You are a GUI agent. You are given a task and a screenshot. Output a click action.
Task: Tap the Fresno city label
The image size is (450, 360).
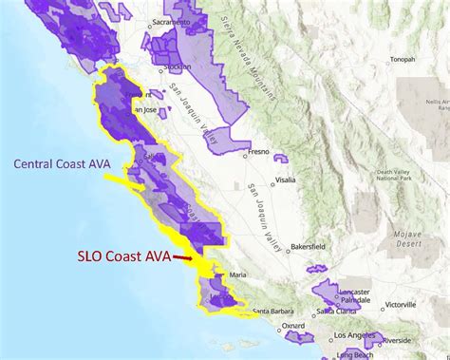click(x=258, y=152)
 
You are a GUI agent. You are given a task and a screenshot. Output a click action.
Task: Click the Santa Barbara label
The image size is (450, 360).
click(x=271, y=310)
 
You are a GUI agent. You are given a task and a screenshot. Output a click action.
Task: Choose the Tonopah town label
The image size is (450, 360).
click(x=402, y=59)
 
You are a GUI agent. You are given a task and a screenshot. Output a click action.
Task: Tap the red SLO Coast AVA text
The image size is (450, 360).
click(x=124, y=256)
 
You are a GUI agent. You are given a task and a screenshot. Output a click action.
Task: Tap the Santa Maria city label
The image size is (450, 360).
click(x=225, y=277)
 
